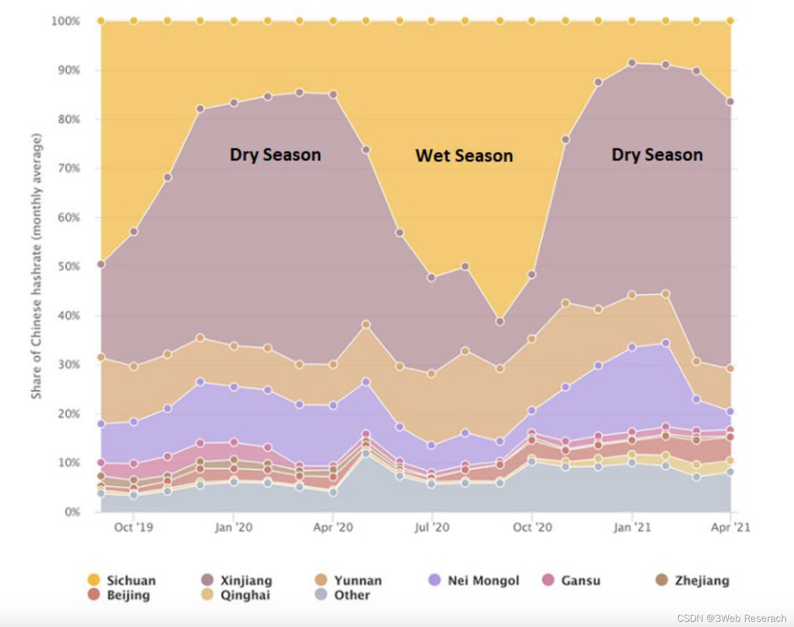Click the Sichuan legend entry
click(x=123, y=581)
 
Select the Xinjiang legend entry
click(x=237, y=581)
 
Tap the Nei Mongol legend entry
click(x=474, y=581)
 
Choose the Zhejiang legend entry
click(x=693, y=581)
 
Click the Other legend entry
click(x=343, y=595)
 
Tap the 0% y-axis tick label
click(x=72, y=512)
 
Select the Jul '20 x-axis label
click(x=431, y=527)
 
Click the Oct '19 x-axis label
click(x=134, y=527)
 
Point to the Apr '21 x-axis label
click(x=730, y=527)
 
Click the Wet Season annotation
click(x=464, y=155)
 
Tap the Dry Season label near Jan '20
click(x=275, y=154)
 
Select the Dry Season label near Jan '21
click(x=657, y=154)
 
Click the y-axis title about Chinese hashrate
click(x=36, y=266)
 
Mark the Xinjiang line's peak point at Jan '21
click(x=632, y=63)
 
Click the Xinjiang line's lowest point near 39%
click(x=500, y=322)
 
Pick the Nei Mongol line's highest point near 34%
click(x=665, y=343)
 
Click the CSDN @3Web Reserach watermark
click(x=731, y=618)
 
